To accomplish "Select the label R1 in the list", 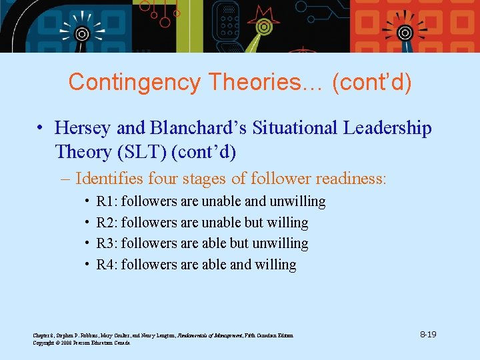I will [105, 201].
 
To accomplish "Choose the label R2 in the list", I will [105, 223].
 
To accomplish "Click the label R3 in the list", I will [105, 243].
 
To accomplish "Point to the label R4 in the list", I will [105, 265].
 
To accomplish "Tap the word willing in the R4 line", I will [274, 265].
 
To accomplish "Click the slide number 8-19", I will [428, 334].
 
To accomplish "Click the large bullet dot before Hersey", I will [41, 129].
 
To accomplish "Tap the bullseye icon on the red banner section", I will [404, 31].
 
